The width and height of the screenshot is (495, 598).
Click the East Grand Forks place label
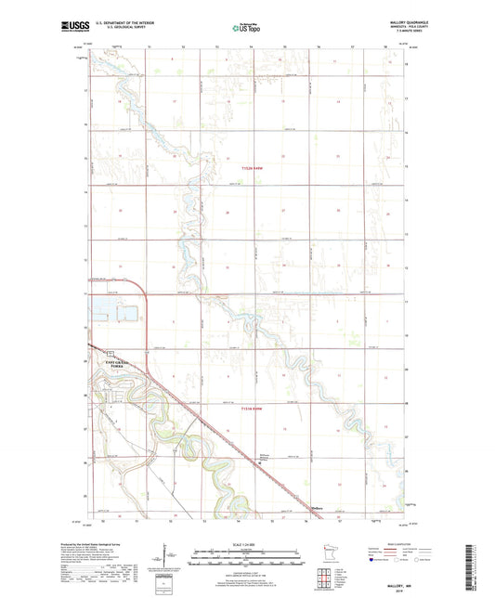[x=108, y=362]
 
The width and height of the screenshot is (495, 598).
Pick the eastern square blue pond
[x=124, y=313]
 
